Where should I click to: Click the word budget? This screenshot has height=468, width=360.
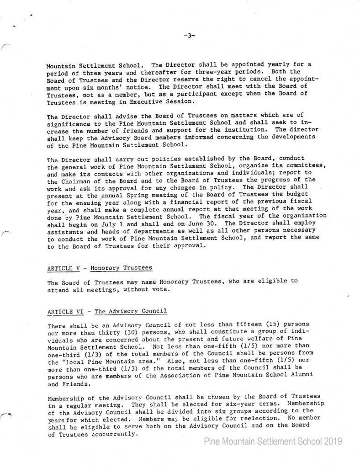pos(293,193)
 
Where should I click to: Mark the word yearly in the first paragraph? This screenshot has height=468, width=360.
pos(242,65)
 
